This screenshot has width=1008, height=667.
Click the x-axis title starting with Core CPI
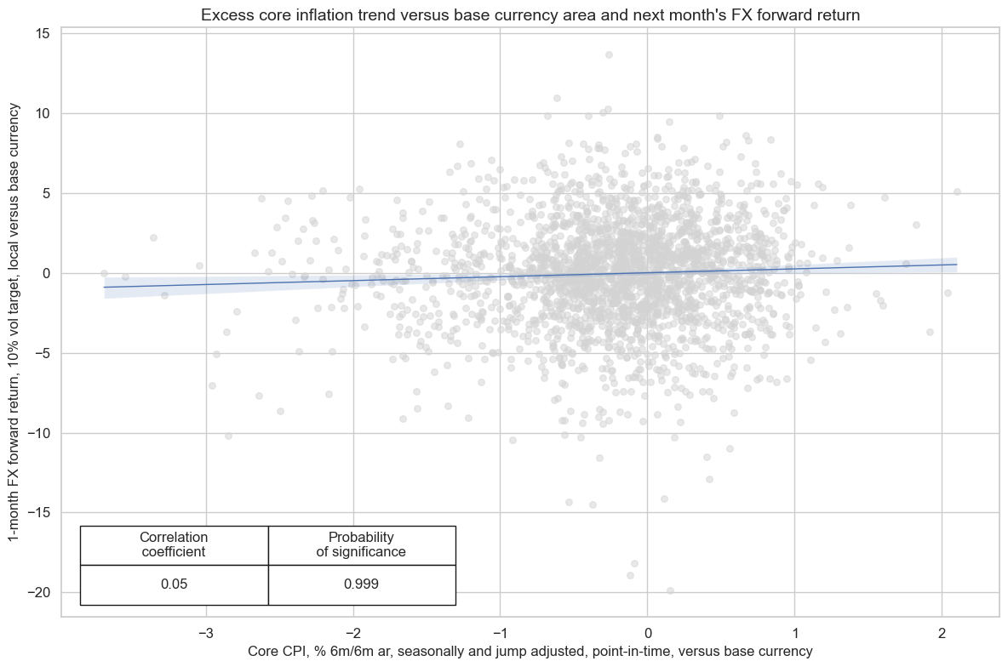[x=530, y=651]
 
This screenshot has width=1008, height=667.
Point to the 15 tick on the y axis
[x=43, y=33]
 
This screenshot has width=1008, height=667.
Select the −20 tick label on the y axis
[x=37, y=592]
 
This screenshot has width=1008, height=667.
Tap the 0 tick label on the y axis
[x=47, y=273]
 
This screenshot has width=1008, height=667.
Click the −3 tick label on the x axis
[x=205, y=633]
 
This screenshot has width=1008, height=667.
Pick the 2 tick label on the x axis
[x=942, y=633]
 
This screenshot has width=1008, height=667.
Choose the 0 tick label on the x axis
[x=647, y=633]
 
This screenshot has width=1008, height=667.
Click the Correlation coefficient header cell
[x=174, y=544]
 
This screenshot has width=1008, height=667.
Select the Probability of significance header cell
[x=361, y=544]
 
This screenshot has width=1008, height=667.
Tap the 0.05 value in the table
[x=174, y=584]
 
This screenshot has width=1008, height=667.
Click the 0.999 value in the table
[x=361, y=584]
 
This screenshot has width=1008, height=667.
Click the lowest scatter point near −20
[x=670, y=590]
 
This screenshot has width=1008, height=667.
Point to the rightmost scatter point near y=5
[x=957, y=191]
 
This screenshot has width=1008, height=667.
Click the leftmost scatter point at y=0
[x=104, y=273]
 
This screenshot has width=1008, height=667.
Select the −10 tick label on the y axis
[x=37, y=433]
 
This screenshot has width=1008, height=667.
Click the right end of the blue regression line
[x=957, y=264]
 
